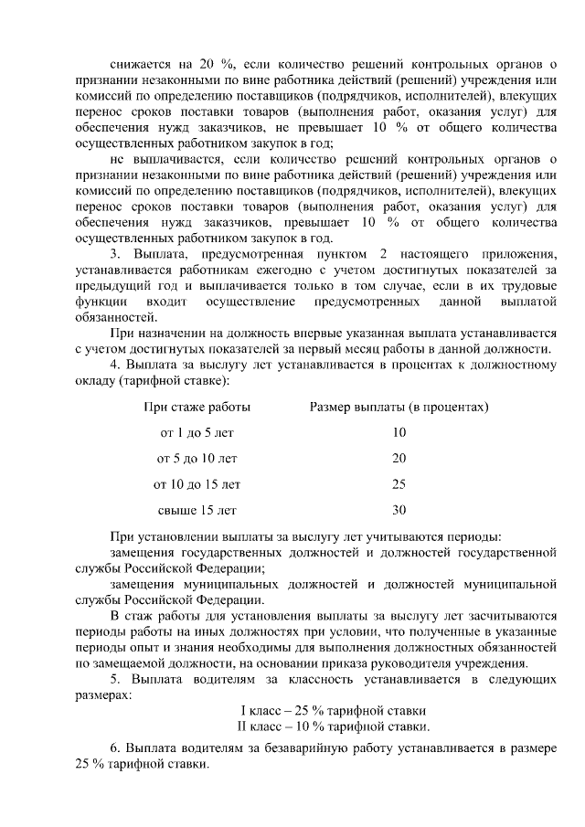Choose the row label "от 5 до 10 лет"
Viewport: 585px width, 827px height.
pos(197,458)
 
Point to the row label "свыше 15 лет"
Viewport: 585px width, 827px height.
pos(197,510)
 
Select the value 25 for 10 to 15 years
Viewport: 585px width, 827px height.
pos(399,483)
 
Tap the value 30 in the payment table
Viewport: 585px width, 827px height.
pos(399,510)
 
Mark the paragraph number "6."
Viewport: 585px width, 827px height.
pos(116,748)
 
